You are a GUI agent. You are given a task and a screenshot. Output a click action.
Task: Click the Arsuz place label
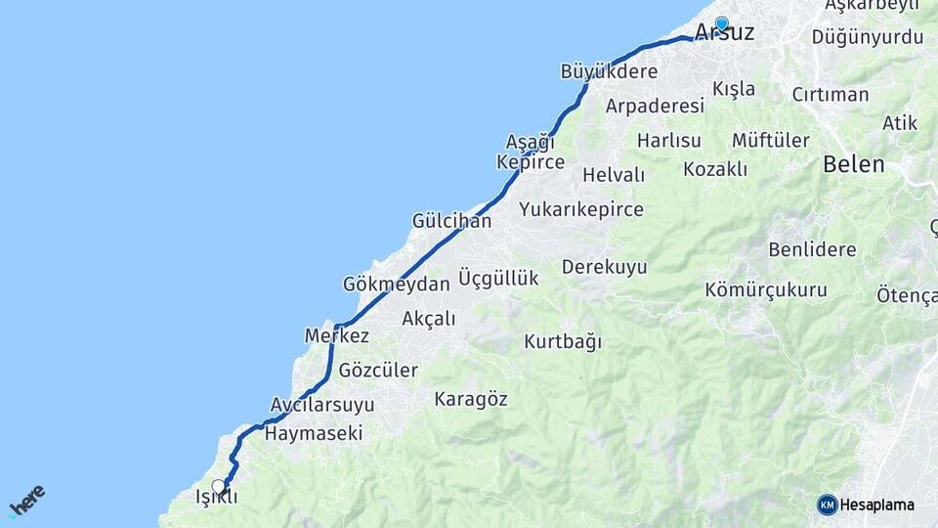[724, 33]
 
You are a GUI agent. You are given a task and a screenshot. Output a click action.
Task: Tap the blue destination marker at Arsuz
[721, 22]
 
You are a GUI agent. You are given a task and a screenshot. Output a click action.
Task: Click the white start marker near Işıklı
[218, 486]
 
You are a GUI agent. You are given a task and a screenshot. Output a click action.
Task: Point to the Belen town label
[853, 164]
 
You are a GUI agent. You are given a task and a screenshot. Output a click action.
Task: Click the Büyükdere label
[609, 71]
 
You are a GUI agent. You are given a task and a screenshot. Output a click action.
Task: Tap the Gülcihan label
[451, 221]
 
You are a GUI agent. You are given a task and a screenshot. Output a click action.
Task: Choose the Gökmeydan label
[396, 285]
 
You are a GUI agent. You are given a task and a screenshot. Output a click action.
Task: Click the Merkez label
[337, 336]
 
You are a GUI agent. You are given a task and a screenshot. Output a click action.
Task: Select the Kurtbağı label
[563, 342]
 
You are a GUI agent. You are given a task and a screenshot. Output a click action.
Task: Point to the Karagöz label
[471, 399]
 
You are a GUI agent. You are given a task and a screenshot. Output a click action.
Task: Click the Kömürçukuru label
[766, 290]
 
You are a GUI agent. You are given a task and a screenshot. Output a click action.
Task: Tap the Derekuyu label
[605, 267]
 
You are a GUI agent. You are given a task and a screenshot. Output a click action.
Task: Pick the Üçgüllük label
[498, 279]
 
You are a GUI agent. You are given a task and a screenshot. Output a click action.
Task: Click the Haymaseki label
[314, 433]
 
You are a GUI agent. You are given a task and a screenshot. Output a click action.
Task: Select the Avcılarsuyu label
[322, 405]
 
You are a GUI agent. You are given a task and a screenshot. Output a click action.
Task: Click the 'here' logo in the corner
[26, 501]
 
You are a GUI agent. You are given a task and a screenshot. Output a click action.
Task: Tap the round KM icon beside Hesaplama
[828, 505]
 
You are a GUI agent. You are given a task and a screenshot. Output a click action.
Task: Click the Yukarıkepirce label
[581, 209]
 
